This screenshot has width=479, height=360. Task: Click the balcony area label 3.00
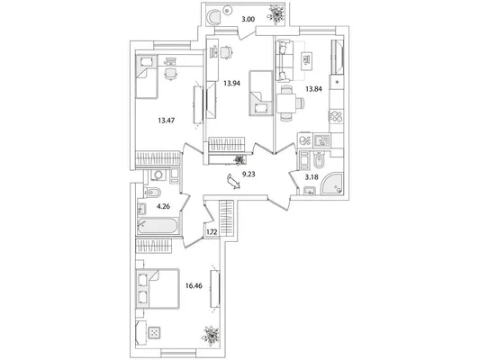249,20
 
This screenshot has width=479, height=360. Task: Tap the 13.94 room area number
231,83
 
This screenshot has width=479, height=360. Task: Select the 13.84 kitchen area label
314,89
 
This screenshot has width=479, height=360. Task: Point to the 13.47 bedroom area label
167,121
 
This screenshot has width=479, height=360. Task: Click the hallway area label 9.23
249,175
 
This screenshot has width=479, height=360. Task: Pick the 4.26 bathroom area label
163,207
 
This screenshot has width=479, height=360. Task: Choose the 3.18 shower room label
312,177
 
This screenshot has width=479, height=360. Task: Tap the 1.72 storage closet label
212,232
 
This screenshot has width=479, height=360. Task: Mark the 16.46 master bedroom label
194,286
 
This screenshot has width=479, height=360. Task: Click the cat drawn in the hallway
233,182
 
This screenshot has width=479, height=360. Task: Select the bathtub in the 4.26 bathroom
158,226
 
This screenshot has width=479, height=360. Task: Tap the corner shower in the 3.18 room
332,184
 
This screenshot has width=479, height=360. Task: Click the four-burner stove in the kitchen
337,117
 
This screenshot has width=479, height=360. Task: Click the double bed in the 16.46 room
158,289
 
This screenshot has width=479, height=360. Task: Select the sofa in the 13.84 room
285,61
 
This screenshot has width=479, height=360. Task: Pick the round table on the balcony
227,10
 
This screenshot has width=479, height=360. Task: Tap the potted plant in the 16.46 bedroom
211,337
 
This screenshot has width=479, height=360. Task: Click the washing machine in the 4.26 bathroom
158,175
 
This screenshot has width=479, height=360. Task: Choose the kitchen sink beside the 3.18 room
321,140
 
